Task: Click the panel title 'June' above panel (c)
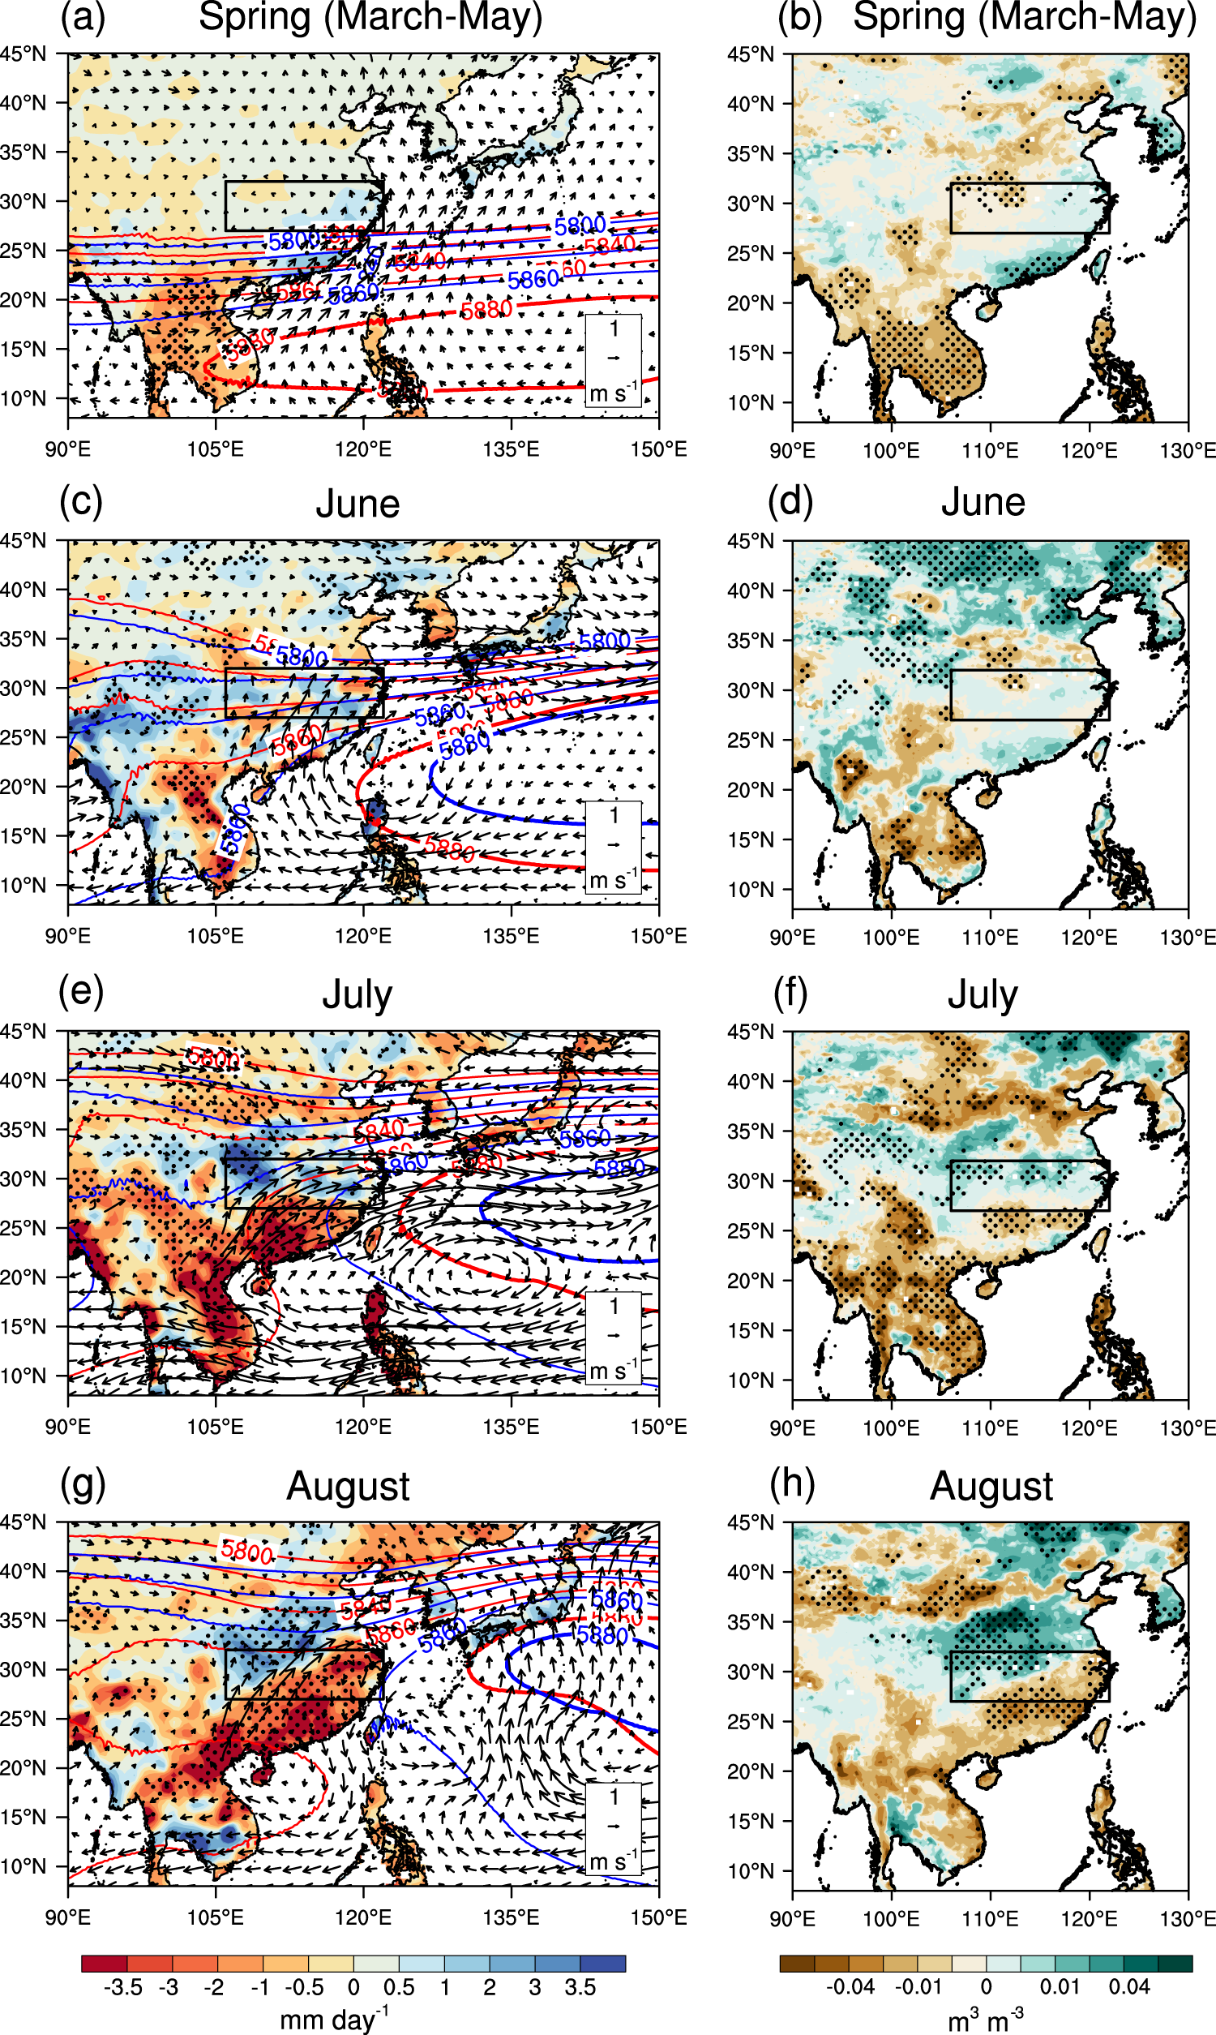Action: click(x=358, y=504)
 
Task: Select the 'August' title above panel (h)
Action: click(x=991, y=1486)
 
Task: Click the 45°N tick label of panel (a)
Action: click(x=23, y=54)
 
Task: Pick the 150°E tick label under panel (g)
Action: click(x=658, y=1918)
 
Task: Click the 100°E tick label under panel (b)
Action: click(x=891, y=451)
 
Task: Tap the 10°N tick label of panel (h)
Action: click(x=751, y=1871)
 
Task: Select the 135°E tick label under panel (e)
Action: click(x=511, y=1427)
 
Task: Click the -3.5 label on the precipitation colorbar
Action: click(x=124, y=1987)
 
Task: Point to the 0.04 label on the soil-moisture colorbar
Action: click(x=1129, y=1986)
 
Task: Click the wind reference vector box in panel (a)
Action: click(x=613, y=361)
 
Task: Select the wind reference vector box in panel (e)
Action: click(x=613, y=1337)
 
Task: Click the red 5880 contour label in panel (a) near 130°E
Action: click(x=486, y=310)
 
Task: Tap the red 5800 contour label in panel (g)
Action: click(x=246, y=1551)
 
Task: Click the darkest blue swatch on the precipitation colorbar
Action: click(x=602, y=1963)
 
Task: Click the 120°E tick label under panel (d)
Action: click(x=1089, y=938)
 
